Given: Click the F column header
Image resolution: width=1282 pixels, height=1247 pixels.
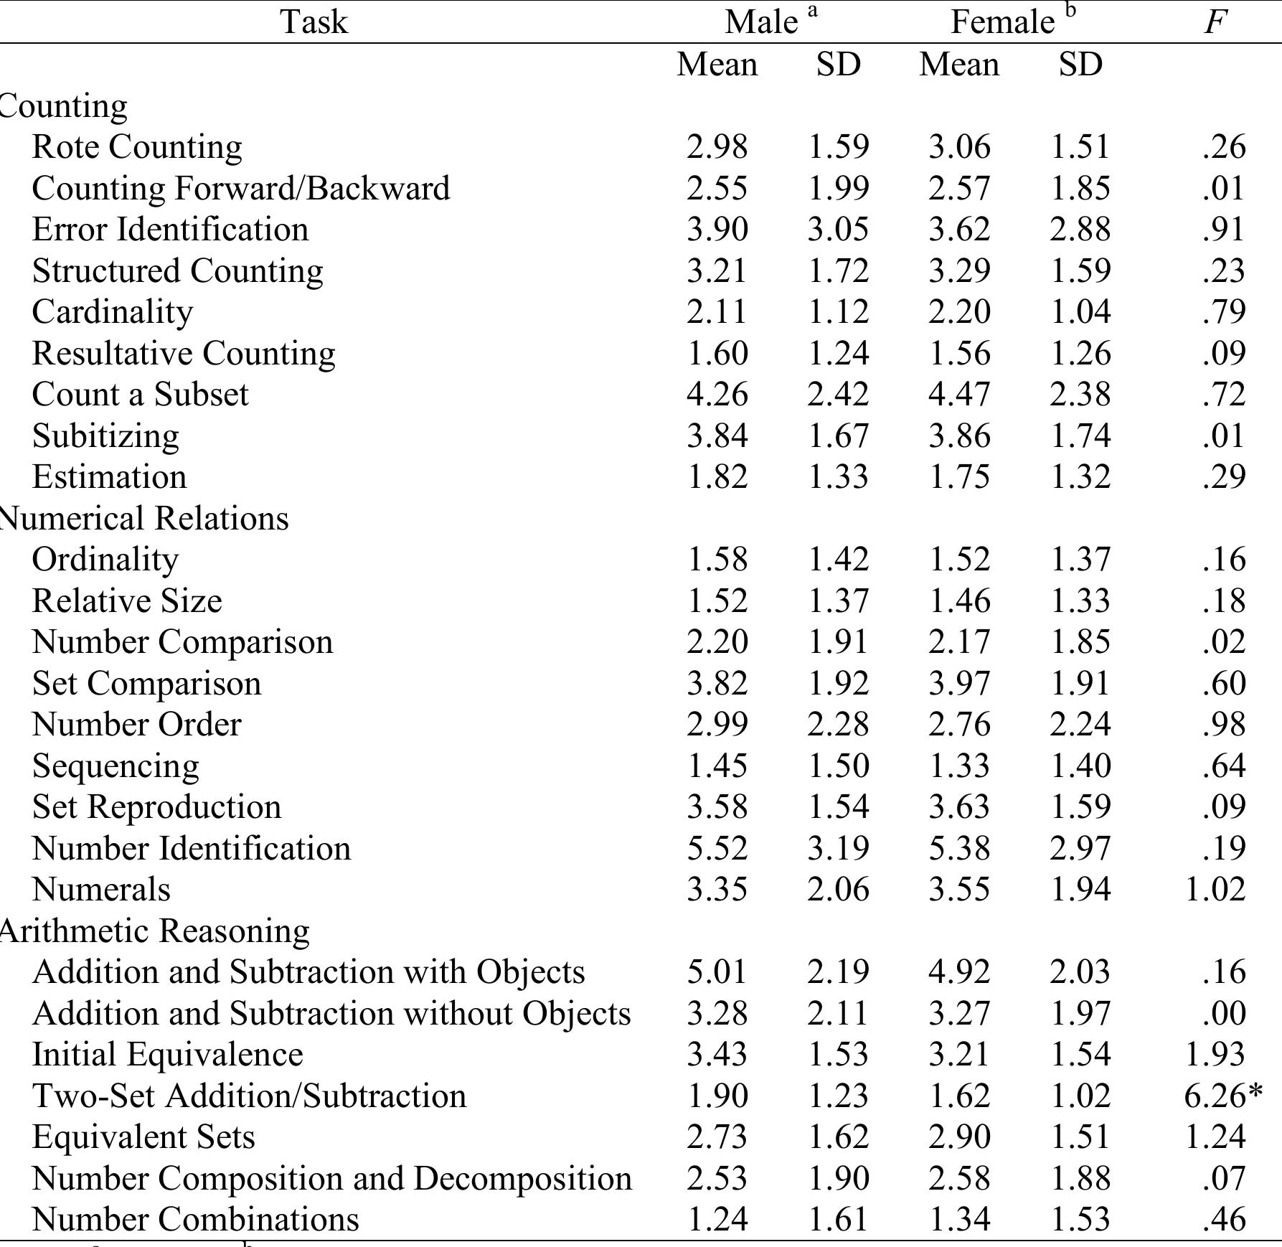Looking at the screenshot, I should (1214, 22).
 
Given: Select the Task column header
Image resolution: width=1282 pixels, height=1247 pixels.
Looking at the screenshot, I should (314, 22).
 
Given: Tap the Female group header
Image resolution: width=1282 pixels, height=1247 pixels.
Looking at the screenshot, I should (1002, 22).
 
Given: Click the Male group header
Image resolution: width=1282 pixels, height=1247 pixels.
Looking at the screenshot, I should (761, 22).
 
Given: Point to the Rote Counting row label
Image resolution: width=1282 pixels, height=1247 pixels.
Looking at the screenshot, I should (137, 147).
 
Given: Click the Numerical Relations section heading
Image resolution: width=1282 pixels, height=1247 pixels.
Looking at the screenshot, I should (143, 518).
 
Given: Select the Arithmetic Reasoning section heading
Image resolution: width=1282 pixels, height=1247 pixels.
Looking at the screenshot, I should (154, 931).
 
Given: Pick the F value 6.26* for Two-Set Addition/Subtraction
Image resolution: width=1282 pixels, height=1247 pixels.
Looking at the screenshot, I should (1222, 1096).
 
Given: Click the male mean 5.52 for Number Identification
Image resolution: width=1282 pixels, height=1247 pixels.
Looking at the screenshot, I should (717, 849).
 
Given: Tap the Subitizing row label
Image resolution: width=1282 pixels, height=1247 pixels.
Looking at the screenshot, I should (105, 436).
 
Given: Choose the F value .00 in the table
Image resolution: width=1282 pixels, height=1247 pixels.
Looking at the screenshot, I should (1224, 1014).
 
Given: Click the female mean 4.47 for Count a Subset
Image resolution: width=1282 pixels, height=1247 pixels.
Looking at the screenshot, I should (959, 395).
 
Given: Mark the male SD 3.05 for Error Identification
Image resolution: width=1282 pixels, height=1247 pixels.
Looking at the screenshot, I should (838, 230).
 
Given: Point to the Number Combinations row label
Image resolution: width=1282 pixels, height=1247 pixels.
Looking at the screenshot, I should (195, 1220).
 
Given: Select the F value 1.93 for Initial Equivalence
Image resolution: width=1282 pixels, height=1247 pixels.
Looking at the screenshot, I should (1215, 1055).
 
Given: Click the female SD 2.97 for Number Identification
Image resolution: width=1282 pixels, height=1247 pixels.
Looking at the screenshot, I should (1080, 849).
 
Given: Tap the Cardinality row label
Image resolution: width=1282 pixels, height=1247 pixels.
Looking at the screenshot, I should (113, 312).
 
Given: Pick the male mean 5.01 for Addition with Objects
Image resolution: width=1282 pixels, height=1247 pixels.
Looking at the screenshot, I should (717, 972).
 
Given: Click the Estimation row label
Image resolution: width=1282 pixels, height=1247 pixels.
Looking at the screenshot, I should (109, 477).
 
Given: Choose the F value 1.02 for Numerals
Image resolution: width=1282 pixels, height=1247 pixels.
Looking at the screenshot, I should (1215, 890).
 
